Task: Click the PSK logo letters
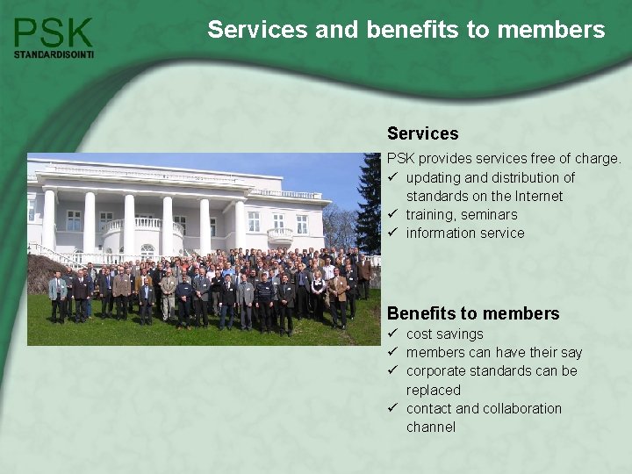(x=54, y=32)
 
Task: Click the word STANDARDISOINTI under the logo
(x=54, y=54)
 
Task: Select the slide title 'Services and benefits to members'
(x=406, y=30)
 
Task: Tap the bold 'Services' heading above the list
(x=422, y=133)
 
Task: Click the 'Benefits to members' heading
(x=473, y=313)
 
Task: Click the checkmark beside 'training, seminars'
(x=394, y=214)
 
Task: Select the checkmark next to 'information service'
(x=394, y=233)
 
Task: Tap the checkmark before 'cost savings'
(x=394, y=334)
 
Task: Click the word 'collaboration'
(x=520, y=408)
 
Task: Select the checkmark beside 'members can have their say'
(x=394, y=352)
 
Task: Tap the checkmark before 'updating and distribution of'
(x=394, y=177)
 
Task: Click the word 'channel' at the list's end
(x=431, y=427)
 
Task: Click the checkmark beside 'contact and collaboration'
(x=394, y=408)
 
